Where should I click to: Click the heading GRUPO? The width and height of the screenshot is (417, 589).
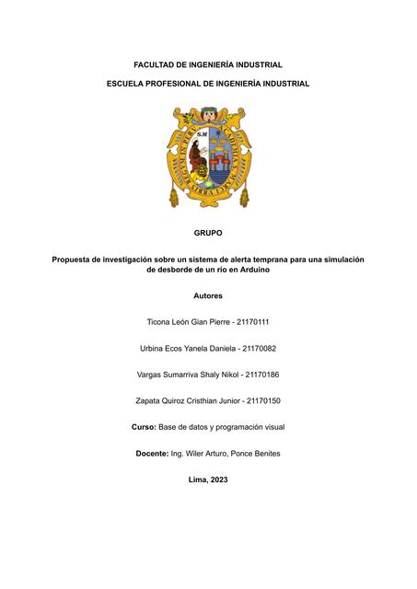208,233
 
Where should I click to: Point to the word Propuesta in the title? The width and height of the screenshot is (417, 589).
75,260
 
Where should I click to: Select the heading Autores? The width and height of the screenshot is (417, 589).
208,295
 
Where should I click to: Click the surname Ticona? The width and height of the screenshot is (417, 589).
161,322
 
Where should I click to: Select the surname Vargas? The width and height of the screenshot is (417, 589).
150,375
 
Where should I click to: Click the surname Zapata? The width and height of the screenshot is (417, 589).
150,401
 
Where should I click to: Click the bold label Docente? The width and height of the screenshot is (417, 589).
153,454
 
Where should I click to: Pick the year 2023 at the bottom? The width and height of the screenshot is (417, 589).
218,480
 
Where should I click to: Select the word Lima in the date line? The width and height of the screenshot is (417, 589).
197,480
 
